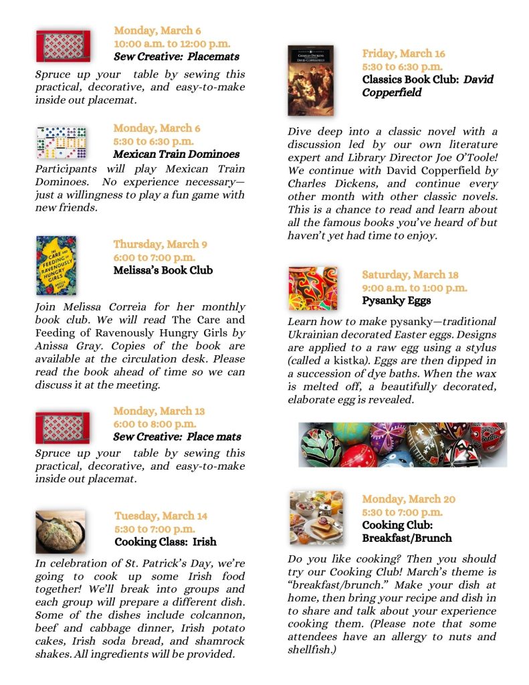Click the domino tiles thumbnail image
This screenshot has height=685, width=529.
click(x=62, y=142)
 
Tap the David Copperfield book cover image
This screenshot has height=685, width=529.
click(x=310, y=80)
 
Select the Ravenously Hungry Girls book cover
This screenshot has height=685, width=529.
click(x=56, y=266)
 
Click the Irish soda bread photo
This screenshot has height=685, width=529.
click(x=60, y=531)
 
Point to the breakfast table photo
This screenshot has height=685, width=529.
click(x=316, y=517)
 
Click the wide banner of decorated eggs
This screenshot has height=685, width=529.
click(x=403, y=444)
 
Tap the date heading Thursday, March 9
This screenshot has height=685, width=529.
click(x=160, y=244)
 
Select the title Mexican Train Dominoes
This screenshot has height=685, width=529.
click(x=176, y=155)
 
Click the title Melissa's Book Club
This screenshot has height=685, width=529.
click(x=163, y=270)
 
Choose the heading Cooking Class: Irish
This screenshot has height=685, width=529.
click(x=165, y=542)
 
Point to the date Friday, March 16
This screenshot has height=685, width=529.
click(x=403, y=54)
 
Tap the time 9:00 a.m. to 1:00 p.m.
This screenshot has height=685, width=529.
click(x=415, y=288)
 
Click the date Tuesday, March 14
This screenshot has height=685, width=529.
click(x=161, y=516)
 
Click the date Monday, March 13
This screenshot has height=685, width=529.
click(x=158, y=411)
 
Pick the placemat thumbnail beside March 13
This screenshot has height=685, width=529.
click(x=62, y=427)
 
